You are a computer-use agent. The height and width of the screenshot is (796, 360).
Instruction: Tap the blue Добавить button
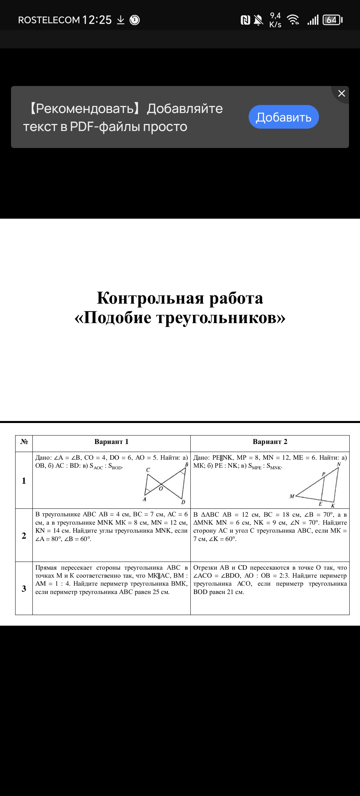pos(284,117)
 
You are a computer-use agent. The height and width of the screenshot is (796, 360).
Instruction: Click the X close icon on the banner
pos(341,93)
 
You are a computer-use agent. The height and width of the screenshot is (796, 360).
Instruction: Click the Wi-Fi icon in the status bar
pos(293,20)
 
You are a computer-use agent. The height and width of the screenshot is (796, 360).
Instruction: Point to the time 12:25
pos(97,20)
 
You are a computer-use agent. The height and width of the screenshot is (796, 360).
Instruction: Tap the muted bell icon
pos(258,20)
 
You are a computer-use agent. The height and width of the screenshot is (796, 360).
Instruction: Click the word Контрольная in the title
pos(150,298)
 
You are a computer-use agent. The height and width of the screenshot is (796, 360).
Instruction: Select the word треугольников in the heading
pos(221,317)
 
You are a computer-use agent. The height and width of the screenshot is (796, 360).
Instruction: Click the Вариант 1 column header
pos(111,442)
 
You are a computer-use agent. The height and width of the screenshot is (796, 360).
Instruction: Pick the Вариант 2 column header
pos(270,442)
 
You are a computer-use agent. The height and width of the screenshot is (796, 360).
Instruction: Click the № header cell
pos(24,442)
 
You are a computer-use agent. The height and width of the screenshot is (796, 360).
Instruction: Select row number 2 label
pos(24,536)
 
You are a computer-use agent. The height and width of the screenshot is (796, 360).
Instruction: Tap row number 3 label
pos(24,589)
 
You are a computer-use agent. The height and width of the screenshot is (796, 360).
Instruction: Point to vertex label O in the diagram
pos(161,489)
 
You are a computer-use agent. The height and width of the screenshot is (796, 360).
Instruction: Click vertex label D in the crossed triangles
pos(183,502)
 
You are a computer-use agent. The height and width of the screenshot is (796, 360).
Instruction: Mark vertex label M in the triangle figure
pos(292,496)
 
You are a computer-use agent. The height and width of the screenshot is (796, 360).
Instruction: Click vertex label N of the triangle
pos(339,464)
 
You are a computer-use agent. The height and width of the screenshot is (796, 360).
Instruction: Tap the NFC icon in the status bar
pos(245,20)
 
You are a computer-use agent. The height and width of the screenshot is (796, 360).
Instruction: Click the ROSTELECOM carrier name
pos(49,20)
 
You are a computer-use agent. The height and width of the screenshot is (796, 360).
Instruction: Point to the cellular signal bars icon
pos(313,20)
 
